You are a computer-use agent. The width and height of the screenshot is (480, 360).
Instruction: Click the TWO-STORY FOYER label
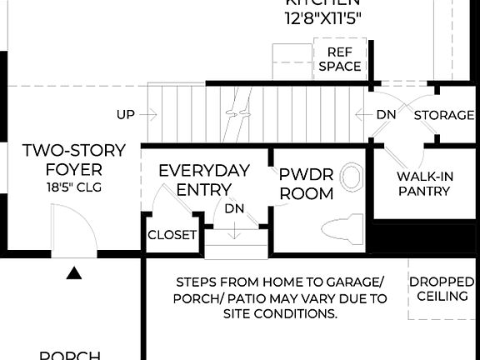coord(74,160)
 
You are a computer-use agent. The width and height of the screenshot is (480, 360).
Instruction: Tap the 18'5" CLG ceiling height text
coord(74,188)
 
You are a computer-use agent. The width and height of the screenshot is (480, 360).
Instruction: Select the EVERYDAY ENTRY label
coord(204,180)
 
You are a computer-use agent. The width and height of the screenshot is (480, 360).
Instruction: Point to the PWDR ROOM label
coord(306,184)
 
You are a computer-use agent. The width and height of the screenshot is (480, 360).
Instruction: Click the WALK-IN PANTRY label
coord(423,183)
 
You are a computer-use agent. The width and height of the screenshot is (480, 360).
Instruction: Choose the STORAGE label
coord(444,115)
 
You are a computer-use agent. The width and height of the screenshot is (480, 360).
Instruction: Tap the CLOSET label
coord(172,235)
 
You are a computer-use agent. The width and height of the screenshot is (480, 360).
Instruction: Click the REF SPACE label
coord(340,59)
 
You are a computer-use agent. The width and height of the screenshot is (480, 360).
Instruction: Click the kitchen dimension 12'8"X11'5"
coord(324,17)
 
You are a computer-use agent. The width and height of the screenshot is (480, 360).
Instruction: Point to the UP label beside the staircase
coord(126,115)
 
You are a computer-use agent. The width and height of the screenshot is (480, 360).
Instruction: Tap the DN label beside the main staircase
coord(386,115)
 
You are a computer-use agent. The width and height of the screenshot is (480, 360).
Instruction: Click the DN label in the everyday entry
coord(235,208)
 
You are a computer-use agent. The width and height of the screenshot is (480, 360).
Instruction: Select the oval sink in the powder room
coord(352,177)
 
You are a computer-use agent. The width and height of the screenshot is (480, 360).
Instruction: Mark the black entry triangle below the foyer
coord(74,272)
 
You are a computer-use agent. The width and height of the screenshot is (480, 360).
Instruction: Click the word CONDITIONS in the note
coord(297,314)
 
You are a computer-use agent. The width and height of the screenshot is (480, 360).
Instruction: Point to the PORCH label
coord(71,355)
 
